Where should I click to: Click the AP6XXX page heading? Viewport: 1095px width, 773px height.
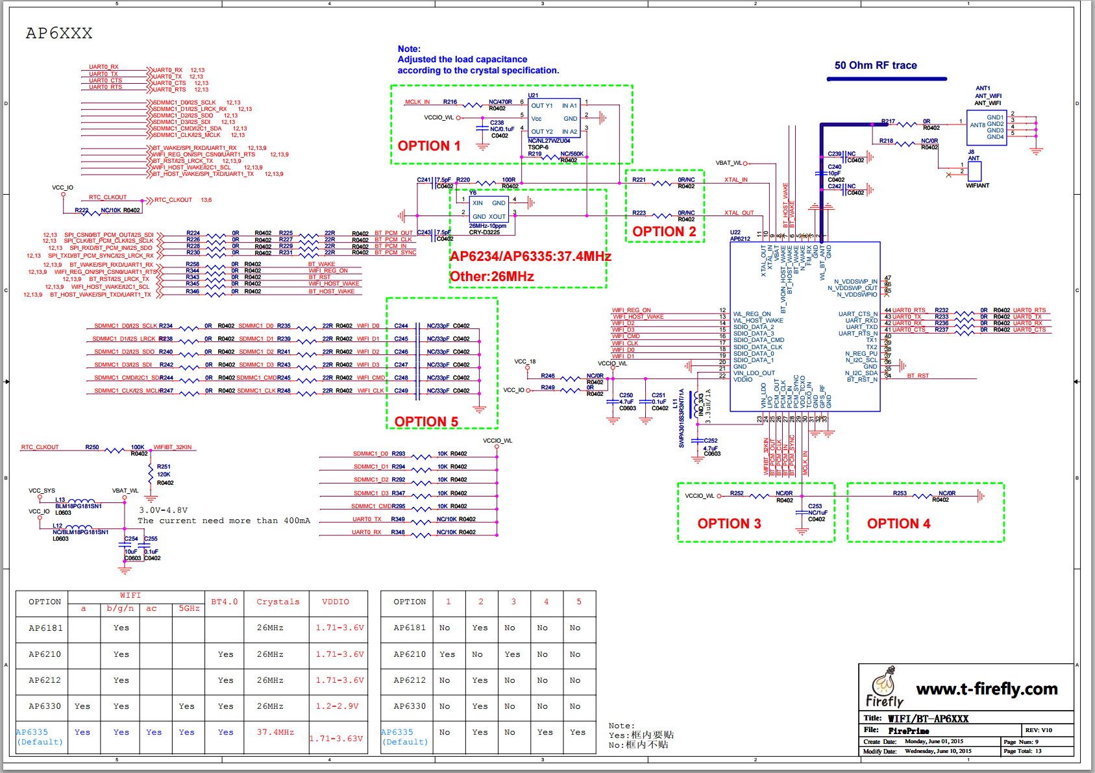(59, 33)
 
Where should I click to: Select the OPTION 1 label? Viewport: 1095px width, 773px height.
(429, 146)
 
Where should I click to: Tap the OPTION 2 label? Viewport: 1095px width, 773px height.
(664, 232)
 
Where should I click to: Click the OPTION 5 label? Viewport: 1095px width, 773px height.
(426, 422)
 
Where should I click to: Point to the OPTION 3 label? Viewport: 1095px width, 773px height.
(729, 524)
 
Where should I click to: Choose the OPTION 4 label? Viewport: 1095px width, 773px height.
(898, 524)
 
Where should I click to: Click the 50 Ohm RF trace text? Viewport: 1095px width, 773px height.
(876, 66)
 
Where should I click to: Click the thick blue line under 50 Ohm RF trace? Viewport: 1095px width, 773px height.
(887, 79)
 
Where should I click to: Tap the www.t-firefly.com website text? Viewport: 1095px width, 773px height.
(987, 689)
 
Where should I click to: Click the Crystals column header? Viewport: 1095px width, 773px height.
(278, 602)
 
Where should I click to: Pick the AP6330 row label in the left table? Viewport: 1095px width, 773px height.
(45, 706)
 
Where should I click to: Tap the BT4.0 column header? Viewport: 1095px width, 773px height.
(224, 602)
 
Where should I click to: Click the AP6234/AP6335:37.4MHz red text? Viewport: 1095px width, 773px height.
(530, 256)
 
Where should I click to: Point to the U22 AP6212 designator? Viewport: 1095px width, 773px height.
(739, 236)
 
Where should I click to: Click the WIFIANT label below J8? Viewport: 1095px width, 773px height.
(977, 186)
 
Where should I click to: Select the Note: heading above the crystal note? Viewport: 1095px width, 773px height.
(409, 49)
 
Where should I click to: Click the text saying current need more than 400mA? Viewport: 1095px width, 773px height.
(223, 521)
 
